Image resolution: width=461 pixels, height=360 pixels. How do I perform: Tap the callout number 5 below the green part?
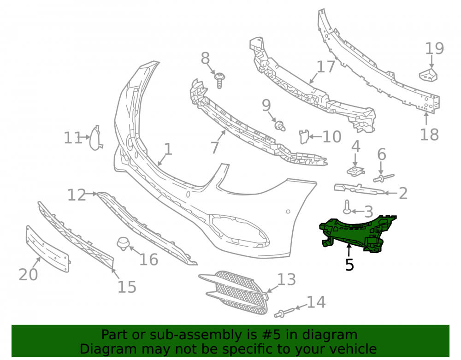click(349, 265)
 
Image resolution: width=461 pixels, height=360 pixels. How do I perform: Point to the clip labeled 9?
click(280, 126)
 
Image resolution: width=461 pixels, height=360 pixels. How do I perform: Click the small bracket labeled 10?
click(304, 136)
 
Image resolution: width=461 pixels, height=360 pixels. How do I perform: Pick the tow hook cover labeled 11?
click(95, 138)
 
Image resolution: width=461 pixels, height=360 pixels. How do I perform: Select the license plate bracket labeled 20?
click(47, 249)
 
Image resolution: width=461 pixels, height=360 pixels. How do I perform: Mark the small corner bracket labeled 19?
click(428, 75)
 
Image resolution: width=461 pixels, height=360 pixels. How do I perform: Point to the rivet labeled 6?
click(384, 177)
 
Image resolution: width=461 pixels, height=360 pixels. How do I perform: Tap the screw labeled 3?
click(347, 207)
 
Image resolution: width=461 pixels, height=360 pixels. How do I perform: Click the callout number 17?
click(326, 67)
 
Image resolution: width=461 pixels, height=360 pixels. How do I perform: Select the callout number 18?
click(430, 135)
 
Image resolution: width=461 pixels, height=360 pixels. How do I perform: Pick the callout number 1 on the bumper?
click(168, 149)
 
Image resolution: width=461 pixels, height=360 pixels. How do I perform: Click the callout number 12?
click(77, 195)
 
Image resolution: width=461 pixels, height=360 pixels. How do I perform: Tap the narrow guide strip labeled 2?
click(359, 189)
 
